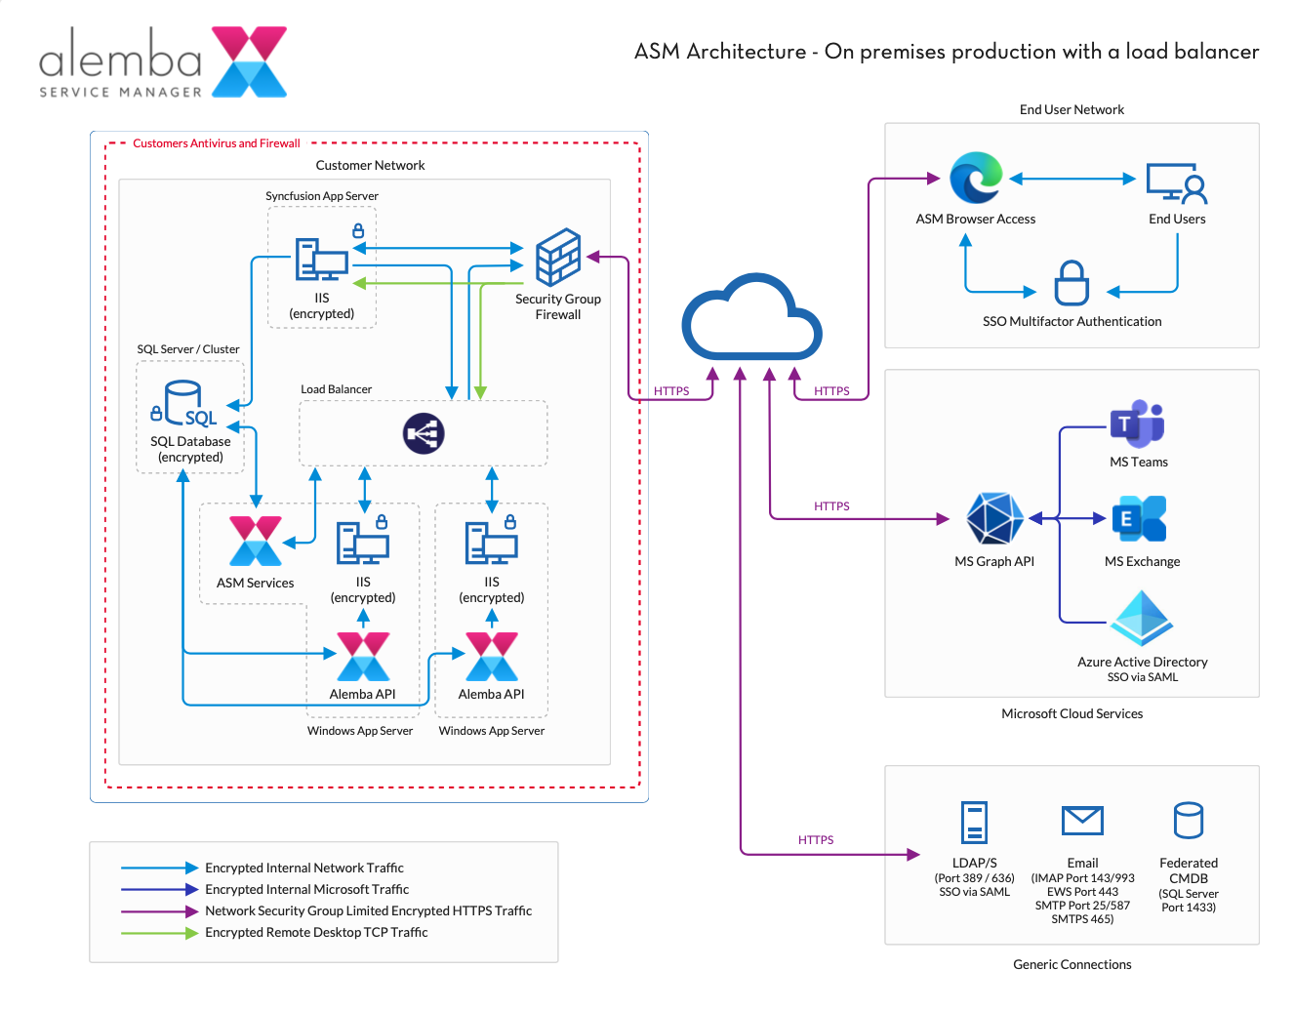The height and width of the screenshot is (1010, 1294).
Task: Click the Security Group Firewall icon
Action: [558, 258]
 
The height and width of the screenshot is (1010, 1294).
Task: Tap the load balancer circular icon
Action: [424, 433]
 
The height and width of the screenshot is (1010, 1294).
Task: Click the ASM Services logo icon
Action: [256, 542]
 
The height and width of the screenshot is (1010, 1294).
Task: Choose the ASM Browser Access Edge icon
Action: [976, 179]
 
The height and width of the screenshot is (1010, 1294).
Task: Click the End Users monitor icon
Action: [1176, 182]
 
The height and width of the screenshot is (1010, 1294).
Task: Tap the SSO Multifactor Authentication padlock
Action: [1072, 283]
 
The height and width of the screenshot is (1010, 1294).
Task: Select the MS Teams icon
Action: [1138, 424]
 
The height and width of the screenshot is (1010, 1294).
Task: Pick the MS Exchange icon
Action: [1139, 518]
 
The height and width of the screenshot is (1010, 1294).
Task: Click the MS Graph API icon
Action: [994, 518]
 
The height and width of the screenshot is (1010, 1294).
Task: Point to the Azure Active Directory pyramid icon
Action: [1142, 618]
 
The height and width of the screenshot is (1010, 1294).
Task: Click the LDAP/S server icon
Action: [974, 822]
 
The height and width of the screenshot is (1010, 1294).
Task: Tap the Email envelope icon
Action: [1082, 821]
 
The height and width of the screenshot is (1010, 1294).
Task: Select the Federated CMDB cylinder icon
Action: [1188, 821]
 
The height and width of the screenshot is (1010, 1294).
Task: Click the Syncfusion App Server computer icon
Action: [321, 260]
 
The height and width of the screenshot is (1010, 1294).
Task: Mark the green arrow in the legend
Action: [159, 933]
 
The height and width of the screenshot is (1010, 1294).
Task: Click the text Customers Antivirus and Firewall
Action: [217, 143]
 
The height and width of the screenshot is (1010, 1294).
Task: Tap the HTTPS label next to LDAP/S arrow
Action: [816, 840]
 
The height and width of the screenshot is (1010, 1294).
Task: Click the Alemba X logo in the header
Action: [250, 61]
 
